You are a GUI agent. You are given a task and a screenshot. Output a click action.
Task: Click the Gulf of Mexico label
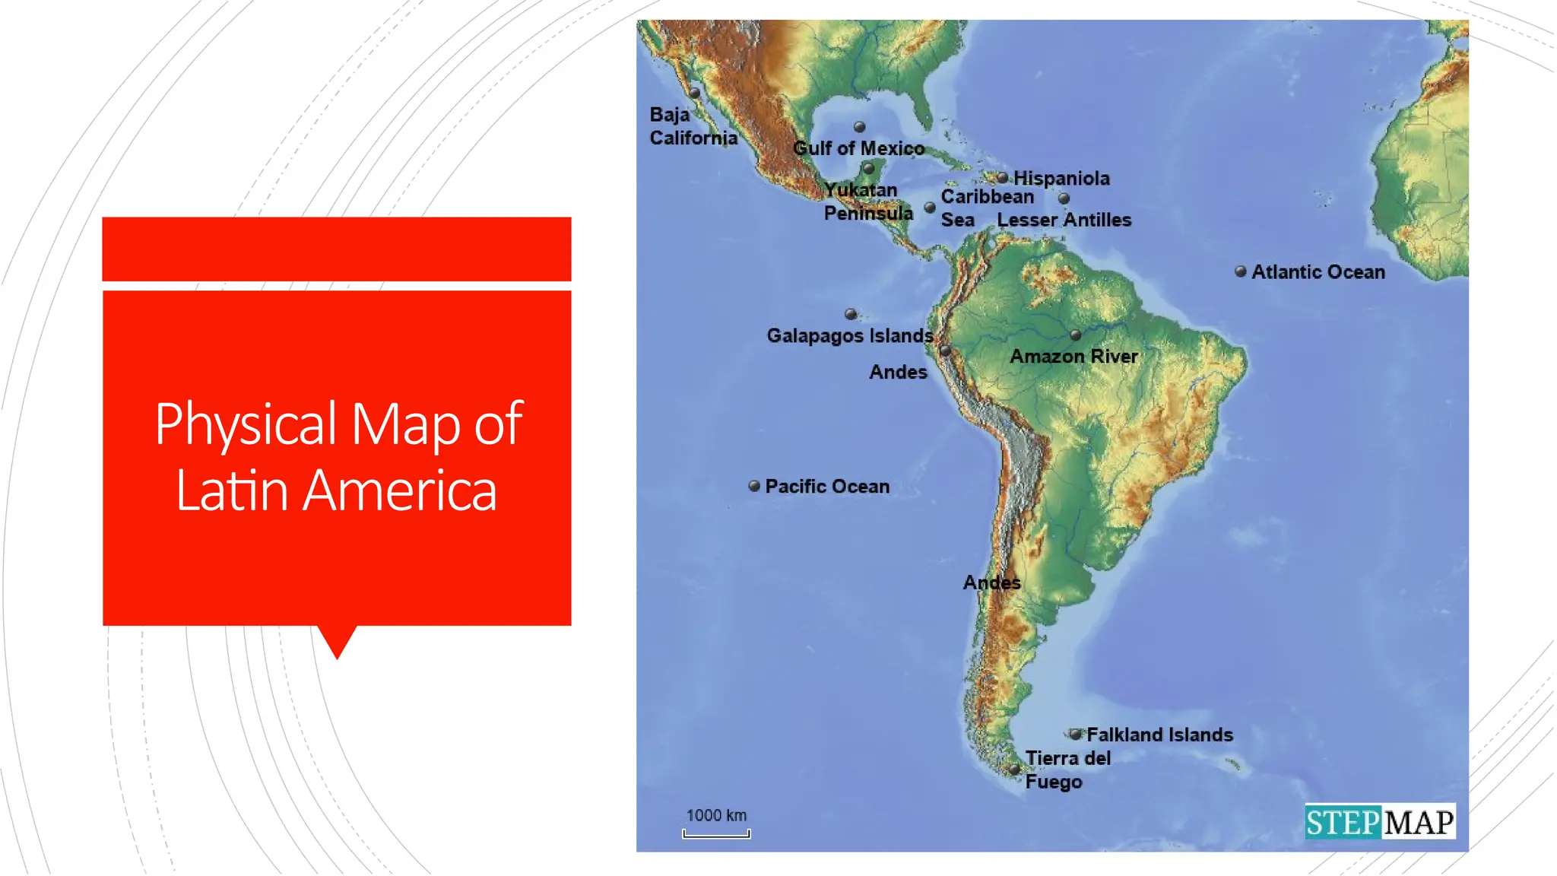click(x=858, y=148)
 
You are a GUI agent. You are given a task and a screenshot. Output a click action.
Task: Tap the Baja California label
click(x=693, y=126)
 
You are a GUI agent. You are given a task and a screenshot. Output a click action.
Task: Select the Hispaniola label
click(x=1061, y=179)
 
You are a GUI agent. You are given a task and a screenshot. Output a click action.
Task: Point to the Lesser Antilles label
click(x=1064, y=220)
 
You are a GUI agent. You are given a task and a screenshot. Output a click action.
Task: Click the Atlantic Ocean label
click(x=1318, y=272)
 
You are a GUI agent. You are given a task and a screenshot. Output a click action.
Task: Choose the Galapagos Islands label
click(x=849, y=335)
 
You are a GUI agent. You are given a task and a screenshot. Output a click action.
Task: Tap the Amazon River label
click(x=1073, y=356)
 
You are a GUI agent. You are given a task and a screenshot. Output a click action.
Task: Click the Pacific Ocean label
click(x=827, y=487)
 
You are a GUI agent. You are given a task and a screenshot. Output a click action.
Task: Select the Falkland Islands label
click(x=1159, y=735)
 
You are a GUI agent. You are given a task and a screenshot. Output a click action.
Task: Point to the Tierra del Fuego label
click(x=1067, y=770)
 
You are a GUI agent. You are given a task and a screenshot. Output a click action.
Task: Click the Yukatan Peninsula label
click(x=867, y=202)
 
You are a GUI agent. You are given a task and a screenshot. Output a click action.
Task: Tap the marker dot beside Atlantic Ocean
click(x=1240, y=271)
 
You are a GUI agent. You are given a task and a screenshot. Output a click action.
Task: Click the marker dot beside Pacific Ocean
click(x=754, y=486)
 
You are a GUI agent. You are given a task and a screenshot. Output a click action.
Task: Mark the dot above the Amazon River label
click(x=1075, y=335)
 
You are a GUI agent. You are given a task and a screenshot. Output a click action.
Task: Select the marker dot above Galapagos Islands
click(x=851, y=314)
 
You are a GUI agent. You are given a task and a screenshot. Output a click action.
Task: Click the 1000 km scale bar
click(x=716, y=833)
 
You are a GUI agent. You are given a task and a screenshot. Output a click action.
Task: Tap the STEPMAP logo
click(x=1380, y=822)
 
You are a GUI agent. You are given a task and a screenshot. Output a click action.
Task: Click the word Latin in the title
click(x=231, y=490)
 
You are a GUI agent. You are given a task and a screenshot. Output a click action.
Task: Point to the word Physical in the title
click(x=246, y=424)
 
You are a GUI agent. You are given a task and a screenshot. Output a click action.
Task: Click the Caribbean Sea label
click(x=987, y=208)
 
